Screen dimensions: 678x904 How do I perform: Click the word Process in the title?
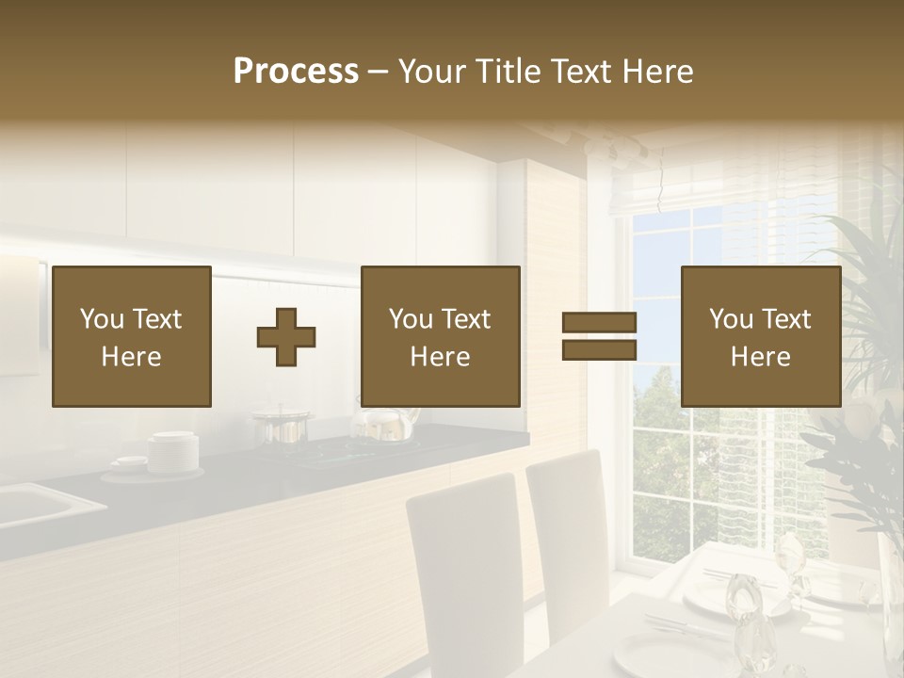(296, 72)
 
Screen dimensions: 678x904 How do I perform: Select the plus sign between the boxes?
(286, 336)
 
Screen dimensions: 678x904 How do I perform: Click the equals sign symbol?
(599, 336)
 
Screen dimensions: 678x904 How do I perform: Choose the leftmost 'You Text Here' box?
(132, 336)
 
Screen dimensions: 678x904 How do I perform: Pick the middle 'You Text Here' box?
(440, 336)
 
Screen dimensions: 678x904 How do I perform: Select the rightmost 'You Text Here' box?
(760, 336)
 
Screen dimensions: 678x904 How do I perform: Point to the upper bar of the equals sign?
(599, 323)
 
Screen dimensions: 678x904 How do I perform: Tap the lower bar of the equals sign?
(599, 349)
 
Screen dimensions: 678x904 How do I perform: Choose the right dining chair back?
(567, 527)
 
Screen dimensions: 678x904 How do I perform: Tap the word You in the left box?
(102, 319)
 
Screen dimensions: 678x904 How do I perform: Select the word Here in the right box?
(760, 356)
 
